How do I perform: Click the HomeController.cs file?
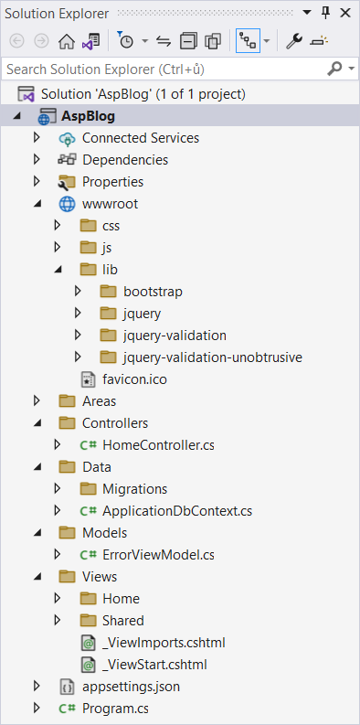(158, 445)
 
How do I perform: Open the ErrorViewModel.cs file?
(158, 555)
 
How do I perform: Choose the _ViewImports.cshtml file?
(164, 643)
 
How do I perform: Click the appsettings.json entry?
(125, 687)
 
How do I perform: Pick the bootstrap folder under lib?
(153, 292)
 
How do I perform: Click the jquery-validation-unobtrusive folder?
(212, 357)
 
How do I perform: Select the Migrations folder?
(134, 489)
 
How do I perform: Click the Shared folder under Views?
(122, 621)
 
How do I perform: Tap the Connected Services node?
(140, 138)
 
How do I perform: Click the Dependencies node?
(124, 160)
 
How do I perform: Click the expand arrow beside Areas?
(37, 401)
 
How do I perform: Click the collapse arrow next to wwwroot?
(37, 204)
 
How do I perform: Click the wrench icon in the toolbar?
(293, 41)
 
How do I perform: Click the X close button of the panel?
(345, 13)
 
